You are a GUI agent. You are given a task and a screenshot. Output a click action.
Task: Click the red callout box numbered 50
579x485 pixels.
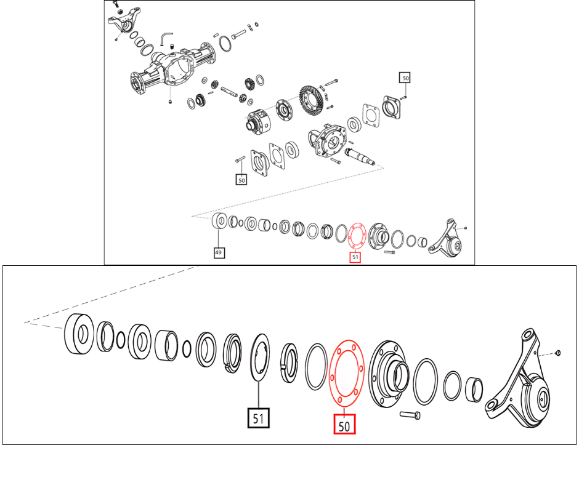pyautogui.click(x=344, y=423)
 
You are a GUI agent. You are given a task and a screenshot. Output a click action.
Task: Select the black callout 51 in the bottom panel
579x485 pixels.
pyautogui.click(x=259, y=418)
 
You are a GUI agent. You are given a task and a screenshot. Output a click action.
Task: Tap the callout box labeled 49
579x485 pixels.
pyautogui.click(x=219, y=252)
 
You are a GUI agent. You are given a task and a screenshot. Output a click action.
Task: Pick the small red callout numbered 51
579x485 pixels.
pyautogui.click(x=355, y=257)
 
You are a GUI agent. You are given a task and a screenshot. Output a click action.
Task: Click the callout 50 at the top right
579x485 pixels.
pyautogui.click(x=405, y=78)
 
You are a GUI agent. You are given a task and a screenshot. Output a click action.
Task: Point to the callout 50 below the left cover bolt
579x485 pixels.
pyautogui.click(x=241, y=180)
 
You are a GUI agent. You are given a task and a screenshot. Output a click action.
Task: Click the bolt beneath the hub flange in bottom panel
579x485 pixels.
pyautogui.click(x=410, y=415)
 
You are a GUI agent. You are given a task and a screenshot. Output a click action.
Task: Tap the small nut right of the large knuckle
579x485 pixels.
pyautogui.click(x=557, y=353)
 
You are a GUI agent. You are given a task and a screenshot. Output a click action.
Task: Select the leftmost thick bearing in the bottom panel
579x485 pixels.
pyautogui.click(x=79, y=334)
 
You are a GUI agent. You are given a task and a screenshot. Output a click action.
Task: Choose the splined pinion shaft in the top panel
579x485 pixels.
pyautogui.click(x=360, y=156)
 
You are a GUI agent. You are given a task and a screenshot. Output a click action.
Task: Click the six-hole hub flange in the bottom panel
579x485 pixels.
pyautogui.click(x=387, y=374)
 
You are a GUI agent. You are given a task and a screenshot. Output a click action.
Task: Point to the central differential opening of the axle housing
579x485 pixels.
pyautogui.click(x=180, y=69)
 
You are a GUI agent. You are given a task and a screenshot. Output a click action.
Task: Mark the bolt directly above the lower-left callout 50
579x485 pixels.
pyautogui.click(x=240, y=159)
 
